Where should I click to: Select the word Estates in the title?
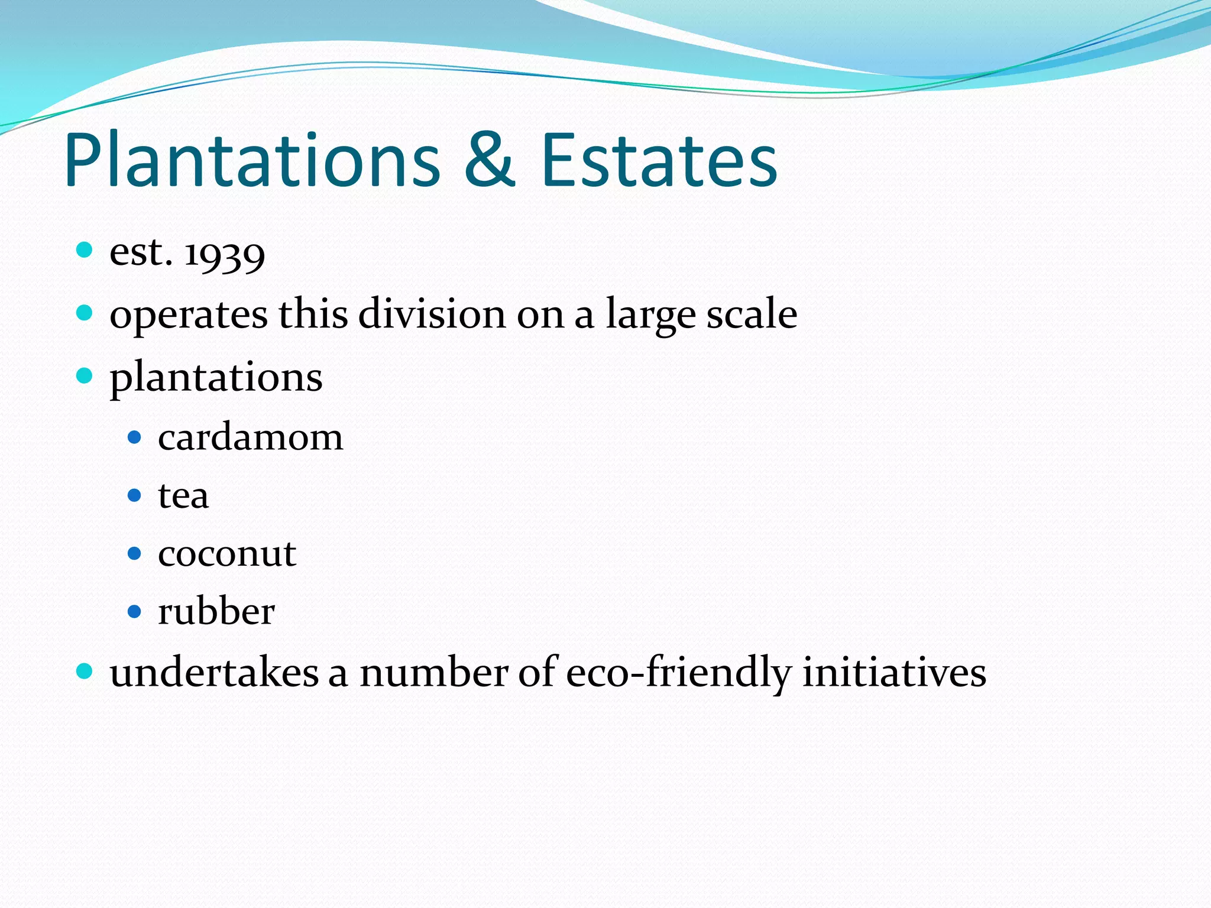click(659, 161)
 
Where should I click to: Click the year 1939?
click(225, 254)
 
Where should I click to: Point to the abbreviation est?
click(141, 252)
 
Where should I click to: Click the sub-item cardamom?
click(250, 438)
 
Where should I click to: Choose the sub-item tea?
click(183, 496)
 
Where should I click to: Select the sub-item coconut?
click(227, 554)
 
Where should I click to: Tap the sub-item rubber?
click(216, 611)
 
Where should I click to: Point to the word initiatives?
click(894, 673)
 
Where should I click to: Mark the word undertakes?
click(214, 673)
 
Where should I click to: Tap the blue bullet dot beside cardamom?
click(135, 437)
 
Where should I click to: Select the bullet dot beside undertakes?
click(85, 671)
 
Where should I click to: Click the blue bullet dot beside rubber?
click(135, 611)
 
